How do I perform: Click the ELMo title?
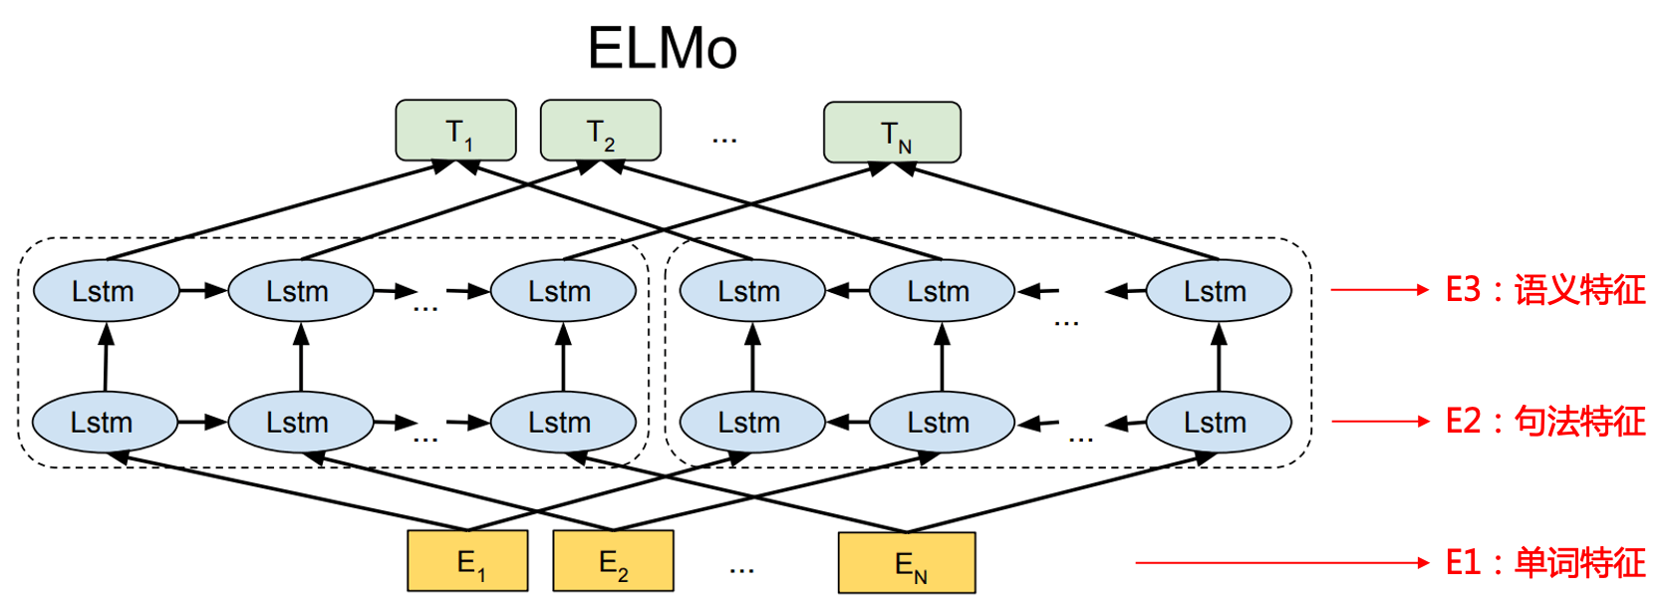(x=662, y=48)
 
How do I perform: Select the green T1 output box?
(x=456, y=131)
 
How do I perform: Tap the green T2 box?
(x=600, y=131)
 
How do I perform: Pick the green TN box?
(x=892, y=133)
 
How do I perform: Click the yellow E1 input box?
(x=467, y=562)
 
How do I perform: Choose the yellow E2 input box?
(x=613, y=562)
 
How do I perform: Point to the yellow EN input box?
(x=907, y=564)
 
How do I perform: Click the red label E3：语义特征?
(x=1545, y=290)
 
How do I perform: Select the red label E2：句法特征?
(x=1545, y=422)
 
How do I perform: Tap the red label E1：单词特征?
(x=1545, y=563)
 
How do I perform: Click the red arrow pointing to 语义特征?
(x=1380, y=290)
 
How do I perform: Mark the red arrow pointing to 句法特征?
(x=1380, y=422)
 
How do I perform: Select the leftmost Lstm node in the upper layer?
(x=105, y=291)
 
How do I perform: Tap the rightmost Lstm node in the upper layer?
(x=1218, y=291)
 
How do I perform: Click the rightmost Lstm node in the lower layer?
(x=1218, y=423)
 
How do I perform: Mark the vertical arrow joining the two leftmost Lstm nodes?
(x=106, y=357)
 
